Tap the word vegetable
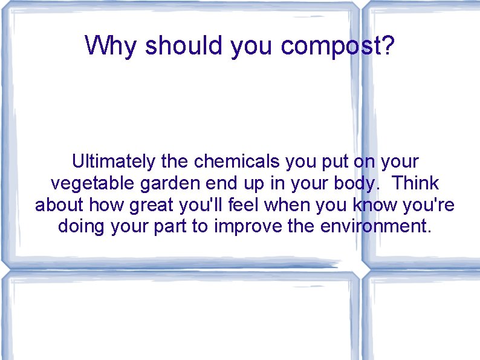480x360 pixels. pos(91,183)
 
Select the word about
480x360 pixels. pos(59,205)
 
